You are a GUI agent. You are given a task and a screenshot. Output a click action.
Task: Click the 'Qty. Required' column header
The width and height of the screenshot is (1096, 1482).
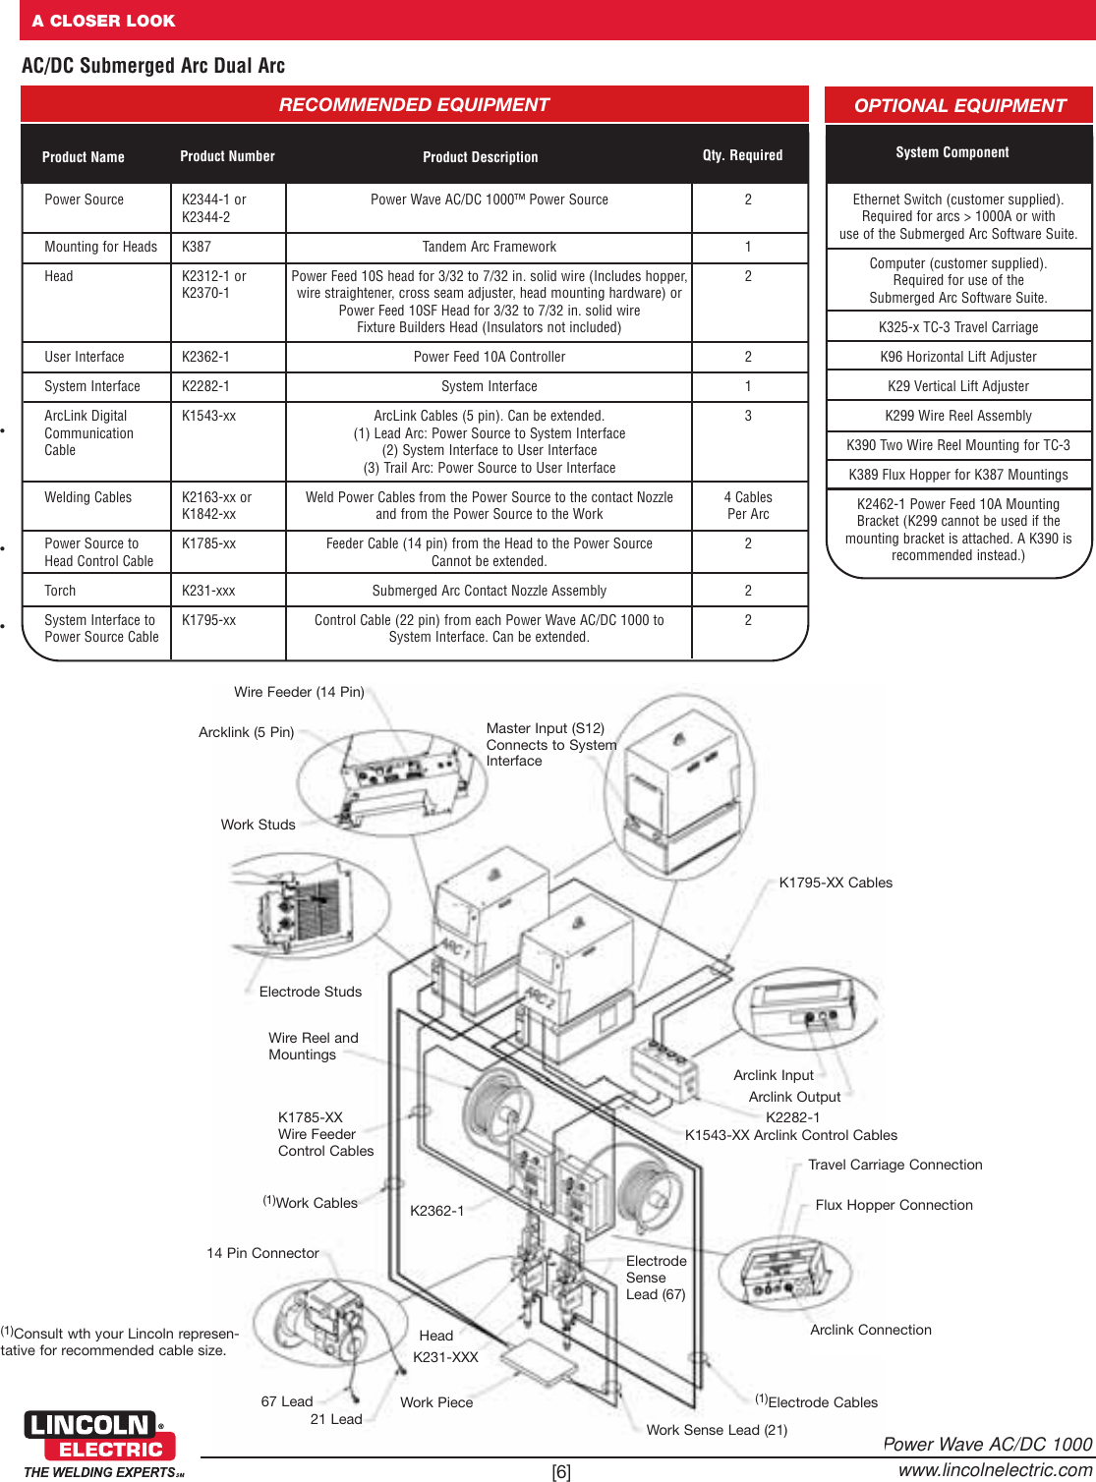742,155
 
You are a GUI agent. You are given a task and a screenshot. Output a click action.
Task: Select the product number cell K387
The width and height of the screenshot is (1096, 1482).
197,247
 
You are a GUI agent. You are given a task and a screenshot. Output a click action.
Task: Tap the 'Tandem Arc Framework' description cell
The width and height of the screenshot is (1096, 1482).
489,247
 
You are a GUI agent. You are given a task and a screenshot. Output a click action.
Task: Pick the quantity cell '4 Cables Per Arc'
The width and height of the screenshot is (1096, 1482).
747,505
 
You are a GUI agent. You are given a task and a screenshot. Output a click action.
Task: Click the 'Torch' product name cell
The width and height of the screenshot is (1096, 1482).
60,591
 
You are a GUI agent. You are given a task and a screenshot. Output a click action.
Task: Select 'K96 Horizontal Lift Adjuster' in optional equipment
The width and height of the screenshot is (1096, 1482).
957,357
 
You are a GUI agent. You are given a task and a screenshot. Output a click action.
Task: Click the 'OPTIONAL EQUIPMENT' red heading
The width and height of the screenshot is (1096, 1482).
958,105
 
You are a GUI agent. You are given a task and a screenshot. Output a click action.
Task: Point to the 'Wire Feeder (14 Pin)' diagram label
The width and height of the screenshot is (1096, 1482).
299,692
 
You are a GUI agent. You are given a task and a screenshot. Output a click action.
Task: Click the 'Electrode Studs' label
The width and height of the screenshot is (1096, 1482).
310,992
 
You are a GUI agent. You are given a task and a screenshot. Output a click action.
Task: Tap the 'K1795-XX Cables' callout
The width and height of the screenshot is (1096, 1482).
836,883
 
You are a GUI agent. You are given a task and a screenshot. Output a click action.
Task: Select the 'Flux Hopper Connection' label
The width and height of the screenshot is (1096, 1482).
894,1205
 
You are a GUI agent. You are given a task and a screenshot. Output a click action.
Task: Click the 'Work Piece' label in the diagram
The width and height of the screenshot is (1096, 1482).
436,1402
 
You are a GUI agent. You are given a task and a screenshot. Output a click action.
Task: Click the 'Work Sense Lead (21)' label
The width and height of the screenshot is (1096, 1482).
717,1430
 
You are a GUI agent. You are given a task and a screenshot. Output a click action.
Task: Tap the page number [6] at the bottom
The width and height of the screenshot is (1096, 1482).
561,1471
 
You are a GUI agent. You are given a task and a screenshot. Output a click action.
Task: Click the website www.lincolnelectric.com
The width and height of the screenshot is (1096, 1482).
995,1469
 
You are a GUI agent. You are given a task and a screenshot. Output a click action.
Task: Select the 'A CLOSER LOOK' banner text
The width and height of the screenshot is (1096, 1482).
103,21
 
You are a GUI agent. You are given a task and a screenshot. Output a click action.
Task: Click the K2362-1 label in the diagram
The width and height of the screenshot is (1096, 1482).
436,1211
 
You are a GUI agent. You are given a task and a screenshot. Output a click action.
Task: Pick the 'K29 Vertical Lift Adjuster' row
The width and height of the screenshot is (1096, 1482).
957,386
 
